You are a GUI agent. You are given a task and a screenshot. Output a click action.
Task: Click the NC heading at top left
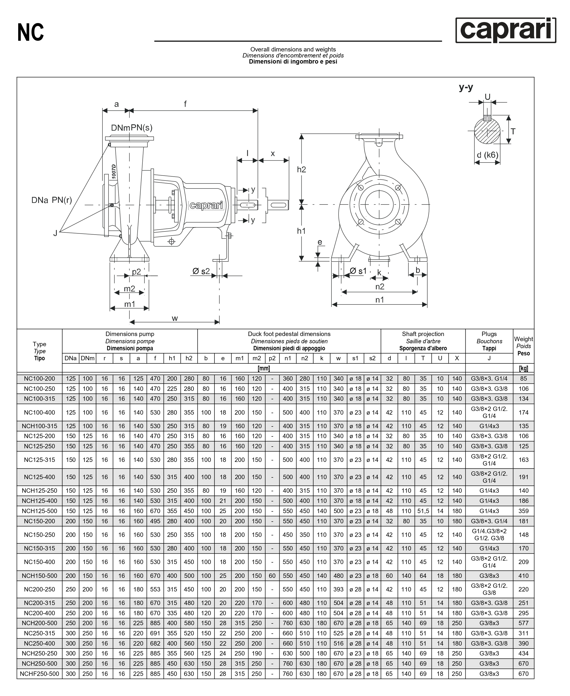coord(31,33)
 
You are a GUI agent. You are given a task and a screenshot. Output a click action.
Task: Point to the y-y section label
coord(466,87)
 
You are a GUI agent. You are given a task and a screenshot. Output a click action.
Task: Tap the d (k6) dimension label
coord(487,155)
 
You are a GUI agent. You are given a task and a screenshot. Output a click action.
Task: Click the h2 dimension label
coord(301,169)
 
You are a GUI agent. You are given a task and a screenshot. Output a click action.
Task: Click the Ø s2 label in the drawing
coord(201,271)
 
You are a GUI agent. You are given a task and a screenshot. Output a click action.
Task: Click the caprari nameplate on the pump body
coord(207,205)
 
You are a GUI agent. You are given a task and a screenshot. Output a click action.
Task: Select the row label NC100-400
coord(39,413)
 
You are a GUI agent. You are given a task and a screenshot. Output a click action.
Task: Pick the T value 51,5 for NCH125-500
coord(423,511)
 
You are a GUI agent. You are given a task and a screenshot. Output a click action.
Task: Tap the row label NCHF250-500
coord(39,674)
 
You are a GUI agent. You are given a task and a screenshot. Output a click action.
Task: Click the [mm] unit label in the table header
coord(264,368)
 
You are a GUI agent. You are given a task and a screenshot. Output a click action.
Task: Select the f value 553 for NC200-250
coord(155,589)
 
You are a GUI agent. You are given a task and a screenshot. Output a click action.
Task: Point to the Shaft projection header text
coord(423,334)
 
